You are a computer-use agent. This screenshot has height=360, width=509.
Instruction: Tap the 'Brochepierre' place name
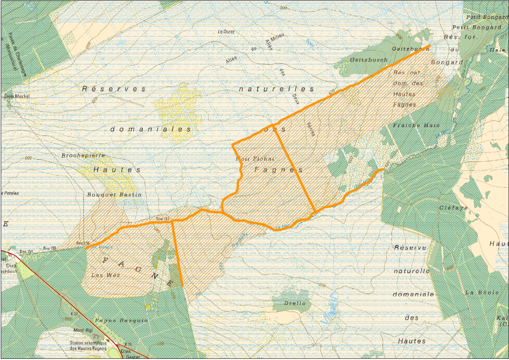point(83,156)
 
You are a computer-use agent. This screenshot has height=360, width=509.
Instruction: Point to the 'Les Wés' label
point(100,275)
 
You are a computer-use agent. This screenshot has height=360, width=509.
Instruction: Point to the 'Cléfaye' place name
point(453,208)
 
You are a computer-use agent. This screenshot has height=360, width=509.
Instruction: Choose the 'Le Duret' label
point(226,32)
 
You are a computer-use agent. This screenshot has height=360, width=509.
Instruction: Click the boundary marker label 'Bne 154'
point(26,252)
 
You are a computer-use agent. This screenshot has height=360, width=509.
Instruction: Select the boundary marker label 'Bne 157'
point(163,219)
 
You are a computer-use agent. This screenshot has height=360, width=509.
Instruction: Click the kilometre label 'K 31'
point(128,344)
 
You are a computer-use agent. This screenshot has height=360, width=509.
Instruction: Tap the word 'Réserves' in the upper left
point(114,89)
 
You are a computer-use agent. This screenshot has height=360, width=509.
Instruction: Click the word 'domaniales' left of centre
point(151,129)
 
